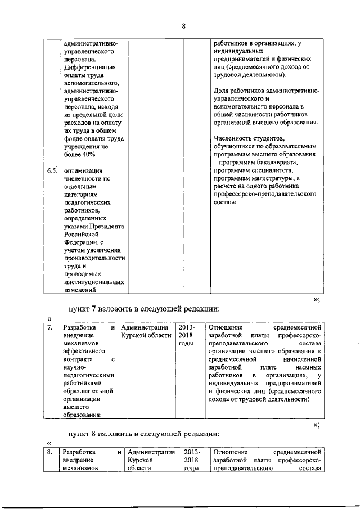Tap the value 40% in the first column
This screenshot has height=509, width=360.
(87, 155)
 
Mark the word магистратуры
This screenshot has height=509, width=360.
(262, 178)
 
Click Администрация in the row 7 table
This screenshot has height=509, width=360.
(145, 327)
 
